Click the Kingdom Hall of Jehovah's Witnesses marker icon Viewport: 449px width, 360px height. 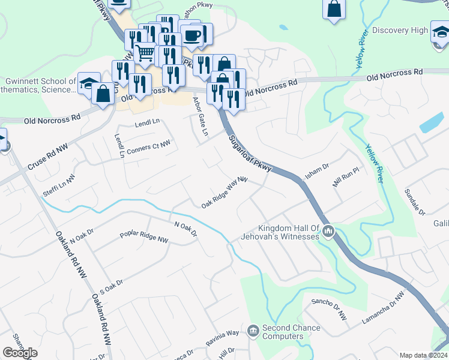click(328, 231)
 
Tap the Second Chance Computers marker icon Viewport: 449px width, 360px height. click(253, 330)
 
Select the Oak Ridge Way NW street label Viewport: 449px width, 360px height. click(224, 192)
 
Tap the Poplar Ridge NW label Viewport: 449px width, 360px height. click(144, 237)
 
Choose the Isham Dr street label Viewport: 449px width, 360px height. click(318, 170)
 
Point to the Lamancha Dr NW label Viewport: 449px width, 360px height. click(384, 308)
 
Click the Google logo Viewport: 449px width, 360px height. click(20, 353)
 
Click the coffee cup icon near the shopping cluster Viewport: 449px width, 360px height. click(192, 35)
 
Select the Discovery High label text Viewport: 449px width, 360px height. click(400, 31)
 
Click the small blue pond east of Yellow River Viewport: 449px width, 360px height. click(432, 123)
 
